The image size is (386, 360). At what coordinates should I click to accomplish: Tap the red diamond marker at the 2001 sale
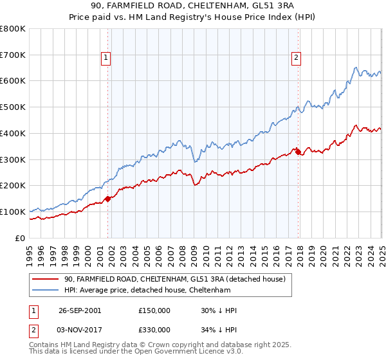coord(108,199)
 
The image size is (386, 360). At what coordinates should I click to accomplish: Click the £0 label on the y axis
coord(20,238)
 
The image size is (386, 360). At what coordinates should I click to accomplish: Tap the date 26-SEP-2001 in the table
coord(79,310)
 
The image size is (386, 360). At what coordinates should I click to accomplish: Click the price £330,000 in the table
coord(154,332)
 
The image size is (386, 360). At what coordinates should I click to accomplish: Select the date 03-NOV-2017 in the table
coord(79,332)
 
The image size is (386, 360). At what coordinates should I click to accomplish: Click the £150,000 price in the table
coord(154,310)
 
